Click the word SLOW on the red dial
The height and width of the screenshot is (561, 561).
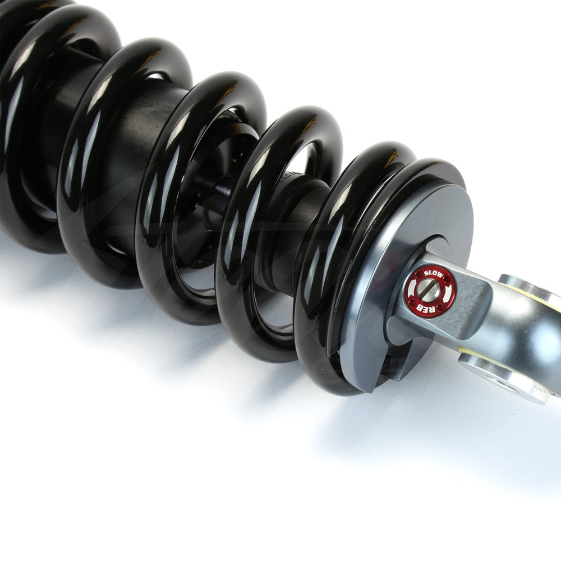[x=433, y=274]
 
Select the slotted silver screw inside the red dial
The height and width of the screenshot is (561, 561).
[x=429, y=290]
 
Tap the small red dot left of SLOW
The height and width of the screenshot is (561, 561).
[x=418, y=274]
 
